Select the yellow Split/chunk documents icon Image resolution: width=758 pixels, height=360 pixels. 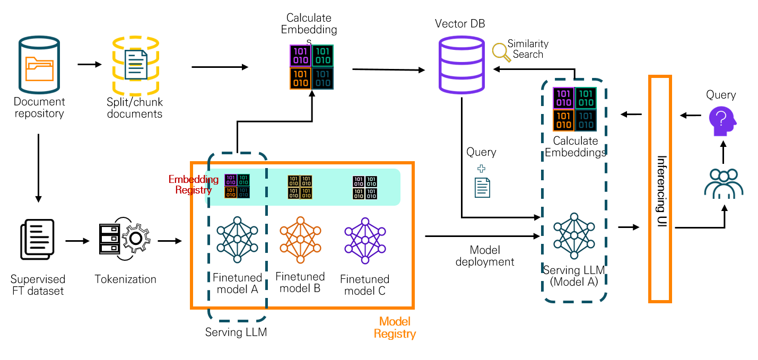[135, 65]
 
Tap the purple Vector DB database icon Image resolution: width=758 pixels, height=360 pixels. [461, 66]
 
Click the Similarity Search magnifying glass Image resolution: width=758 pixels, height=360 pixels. [500, 51]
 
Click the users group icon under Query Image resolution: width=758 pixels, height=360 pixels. [724, 183]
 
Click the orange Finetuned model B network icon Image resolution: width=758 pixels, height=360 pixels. [301, 240]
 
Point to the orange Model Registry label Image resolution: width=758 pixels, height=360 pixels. [395, 328]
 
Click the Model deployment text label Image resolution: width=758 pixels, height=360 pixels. [485, 256]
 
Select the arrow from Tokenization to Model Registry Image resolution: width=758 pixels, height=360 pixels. [169, 242]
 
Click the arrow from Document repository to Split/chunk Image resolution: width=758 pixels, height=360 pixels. [89, 65]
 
